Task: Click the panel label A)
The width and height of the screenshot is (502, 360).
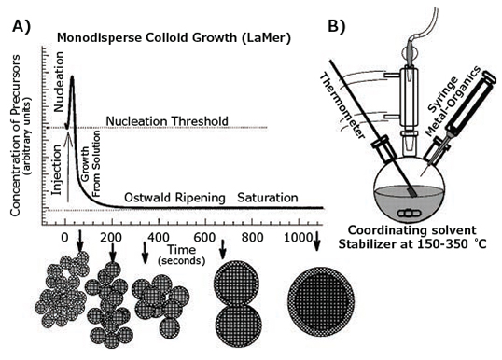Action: [x=21, y=25]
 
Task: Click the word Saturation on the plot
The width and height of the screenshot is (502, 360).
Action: [x=267, y=198]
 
